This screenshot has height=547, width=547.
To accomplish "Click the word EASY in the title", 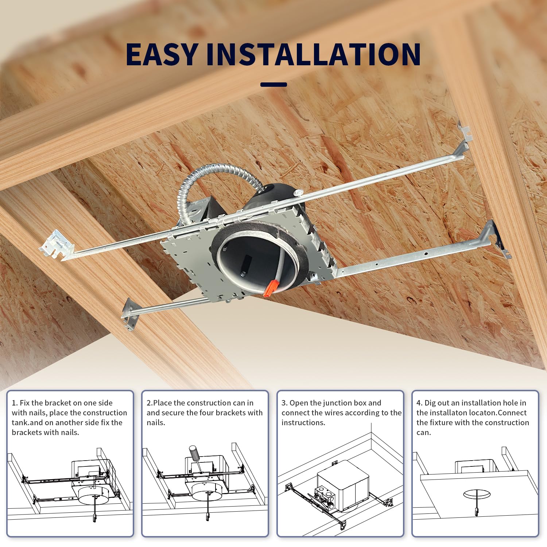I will pyautogui.click(x=162, y=55).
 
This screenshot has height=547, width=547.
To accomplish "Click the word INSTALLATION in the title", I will pyautogui.click(x=313, y=55).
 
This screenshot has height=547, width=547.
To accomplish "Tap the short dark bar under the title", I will pyautogui.click(x=273, y=85).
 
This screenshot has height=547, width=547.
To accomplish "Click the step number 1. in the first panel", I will pyautogui.click(x=15, y=403).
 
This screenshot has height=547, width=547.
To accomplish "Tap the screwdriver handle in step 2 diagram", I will pyautogui.click(x=194, y=453).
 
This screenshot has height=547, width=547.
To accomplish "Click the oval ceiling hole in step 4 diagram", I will pyautogui.click(x=474, y=495).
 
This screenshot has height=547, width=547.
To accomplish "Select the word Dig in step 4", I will pyautogui.click(x=430, y=403).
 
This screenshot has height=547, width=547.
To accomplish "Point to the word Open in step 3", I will pyautogui.click(x=299, y=403).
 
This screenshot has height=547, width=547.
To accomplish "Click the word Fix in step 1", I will pyautogui.click(x=24, y=403).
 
